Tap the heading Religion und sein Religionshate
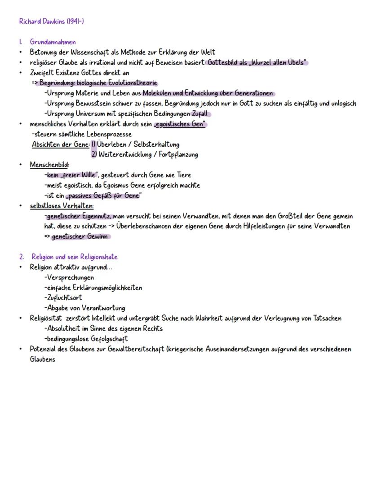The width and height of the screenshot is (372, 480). pyautogui.click(x=74, y=257)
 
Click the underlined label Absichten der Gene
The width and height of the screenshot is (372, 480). pyautogui.click(x=60, y=144)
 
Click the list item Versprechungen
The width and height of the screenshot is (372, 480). pyautogui.click(x=70, y=278)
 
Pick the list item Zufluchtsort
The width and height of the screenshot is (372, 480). pyautogui.click(x=64, y=298)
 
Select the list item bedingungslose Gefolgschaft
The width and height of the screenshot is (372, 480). pyautogui.click(x=87, y=339)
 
